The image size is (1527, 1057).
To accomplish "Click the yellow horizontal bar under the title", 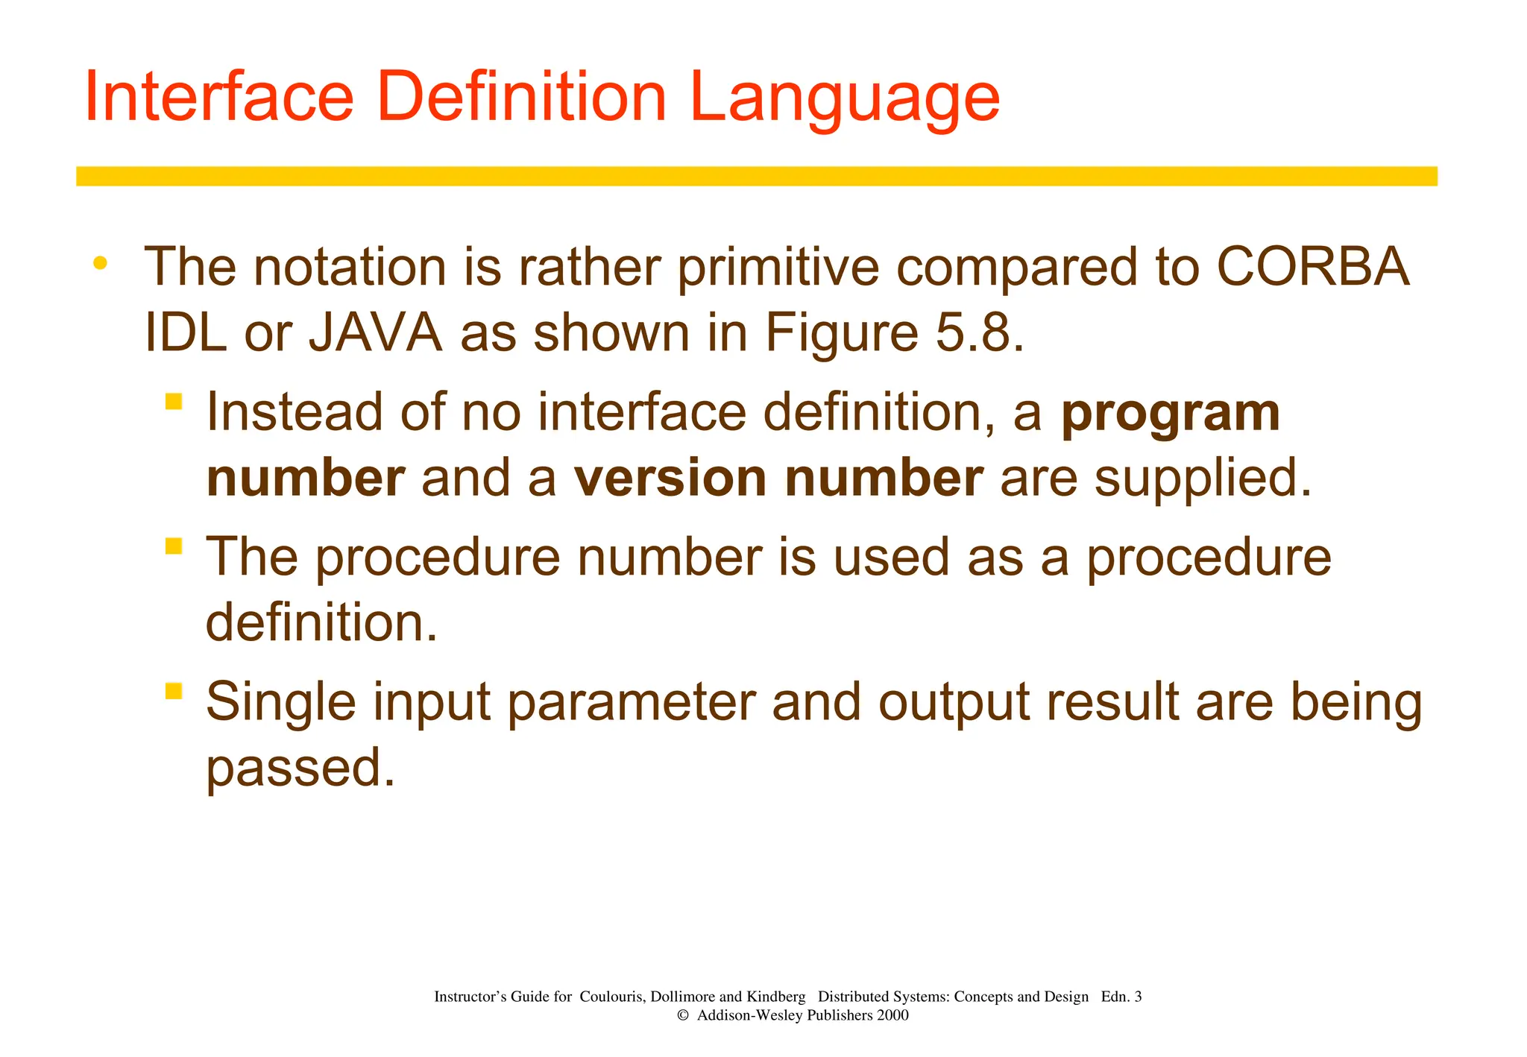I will [x=756, y=176].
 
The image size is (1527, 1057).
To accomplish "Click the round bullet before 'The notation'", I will [x=101, y=263].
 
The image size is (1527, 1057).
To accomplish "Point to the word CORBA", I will [x=1312, y=267].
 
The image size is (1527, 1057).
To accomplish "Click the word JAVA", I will [x=376, y=333].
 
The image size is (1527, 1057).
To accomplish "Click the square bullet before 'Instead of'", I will [x=174, y=402].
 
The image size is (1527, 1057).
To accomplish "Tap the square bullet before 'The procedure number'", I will [x=174, y=546].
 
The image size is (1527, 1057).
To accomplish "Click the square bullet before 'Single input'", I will [x=174, y=691].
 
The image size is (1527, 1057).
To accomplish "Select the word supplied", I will [x=1202, y=479].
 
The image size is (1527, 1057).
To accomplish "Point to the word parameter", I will [x=631, y=702].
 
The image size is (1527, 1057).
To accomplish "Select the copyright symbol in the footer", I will [x=682, y=1015].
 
